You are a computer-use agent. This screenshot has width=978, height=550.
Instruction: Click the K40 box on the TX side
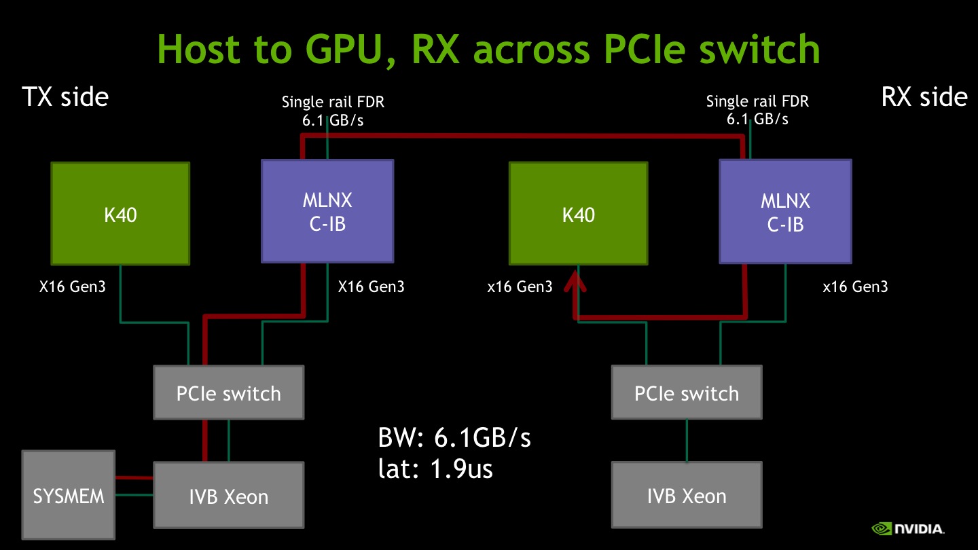pos(121,213)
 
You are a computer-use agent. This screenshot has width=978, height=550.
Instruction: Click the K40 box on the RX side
pos(578,213)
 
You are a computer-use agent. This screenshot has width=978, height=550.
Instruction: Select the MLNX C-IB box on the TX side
pos(327,211)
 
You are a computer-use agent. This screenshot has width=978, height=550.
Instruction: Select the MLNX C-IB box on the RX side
pos(785,211)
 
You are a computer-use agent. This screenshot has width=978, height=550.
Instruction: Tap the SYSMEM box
pos(69,495)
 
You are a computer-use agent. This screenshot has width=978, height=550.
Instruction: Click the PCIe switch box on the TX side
pos(228,392)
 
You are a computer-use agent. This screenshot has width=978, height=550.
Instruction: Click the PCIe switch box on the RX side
pos(686,392)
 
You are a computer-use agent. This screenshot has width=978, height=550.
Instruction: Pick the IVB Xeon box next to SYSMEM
pos(228,495)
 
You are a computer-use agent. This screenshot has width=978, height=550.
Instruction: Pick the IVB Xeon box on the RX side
pos(686,495)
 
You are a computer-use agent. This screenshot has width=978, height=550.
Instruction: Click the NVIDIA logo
pos(908,529)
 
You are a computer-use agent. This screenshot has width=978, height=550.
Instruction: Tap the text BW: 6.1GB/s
pos(454,438)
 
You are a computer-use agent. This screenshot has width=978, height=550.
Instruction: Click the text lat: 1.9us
pos(435,469)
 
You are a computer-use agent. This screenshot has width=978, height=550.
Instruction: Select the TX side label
pos(65,97)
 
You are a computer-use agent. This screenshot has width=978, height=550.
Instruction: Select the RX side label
pos(924,97)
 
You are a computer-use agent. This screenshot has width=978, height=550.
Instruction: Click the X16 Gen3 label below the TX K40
pos(72,287)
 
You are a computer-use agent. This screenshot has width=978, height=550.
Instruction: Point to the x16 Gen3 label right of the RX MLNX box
pos(854,287)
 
